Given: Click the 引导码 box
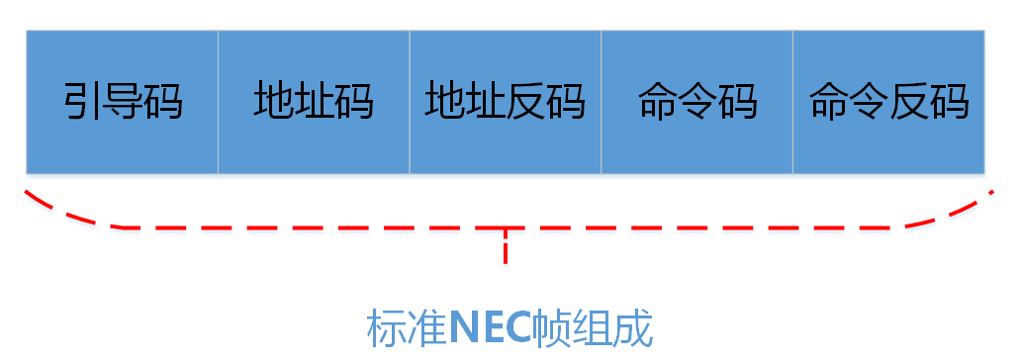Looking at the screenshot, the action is pos(123,102).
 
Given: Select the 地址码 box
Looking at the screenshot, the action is pos(314,102).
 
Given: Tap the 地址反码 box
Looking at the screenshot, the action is pos(506,102).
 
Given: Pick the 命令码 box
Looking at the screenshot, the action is pos(696,102).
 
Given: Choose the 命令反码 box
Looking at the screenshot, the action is pos(888,102).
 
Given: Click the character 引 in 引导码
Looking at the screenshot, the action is pos(83,102).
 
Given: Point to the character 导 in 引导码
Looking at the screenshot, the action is pos(123,102).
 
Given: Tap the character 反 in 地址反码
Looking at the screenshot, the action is pos(525,102).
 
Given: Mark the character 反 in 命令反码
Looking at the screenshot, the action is pos(909,102).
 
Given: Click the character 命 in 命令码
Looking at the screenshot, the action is pos(658,102).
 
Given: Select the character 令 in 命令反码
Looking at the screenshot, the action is pos(869,102).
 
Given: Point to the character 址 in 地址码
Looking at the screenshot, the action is pos(314,102).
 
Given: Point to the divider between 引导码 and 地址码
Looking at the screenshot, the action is pos(218,102).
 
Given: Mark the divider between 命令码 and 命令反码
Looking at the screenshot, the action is pos(792,102).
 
